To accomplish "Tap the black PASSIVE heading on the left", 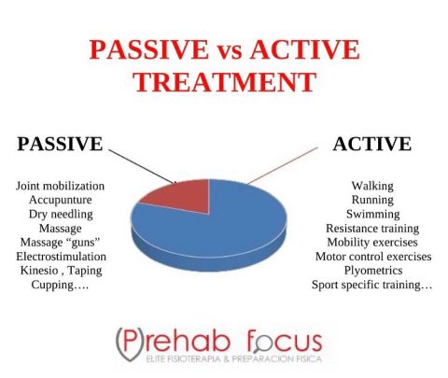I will pos(59,145).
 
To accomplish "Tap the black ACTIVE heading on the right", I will pos(371,145).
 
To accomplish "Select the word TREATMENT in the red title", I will pos(223,81).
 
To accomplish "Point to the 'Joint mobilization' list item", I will pos(60,186).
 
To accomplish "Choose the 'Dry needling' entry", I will pos(60,214).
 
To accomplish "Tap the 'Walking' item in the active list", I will pos(371,186).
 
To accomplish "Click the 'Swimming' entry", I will pos(371,214).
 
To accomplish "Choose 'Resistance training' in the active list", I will pos(371,228).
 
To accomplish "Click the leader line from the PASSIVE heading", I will pos(140,165).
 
